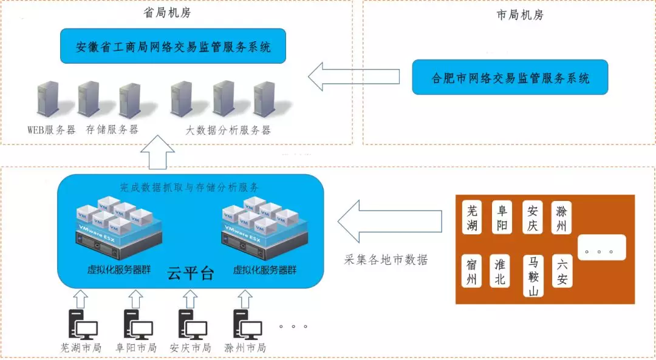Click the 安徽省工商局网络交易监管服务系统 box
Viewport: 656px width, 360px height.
(x=173, y=46)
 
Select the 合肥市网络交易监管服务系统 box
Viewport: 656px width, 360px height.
(x=510, y=77)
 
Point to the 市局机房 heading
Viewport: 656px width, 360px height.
(x=519, y=15)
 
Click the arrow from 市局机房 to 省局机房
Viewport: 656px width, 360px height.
(x=353, y=76)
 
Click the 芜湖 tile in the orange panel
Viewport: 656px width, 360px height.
(x=473, y=218)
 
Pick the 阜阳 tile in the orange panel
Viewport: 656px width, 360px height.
(x=503, y=218)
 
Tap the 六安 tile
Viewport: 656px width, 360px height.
(x=562, y=271)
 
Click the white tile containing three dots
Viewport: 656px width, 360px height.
(x=601, y=247)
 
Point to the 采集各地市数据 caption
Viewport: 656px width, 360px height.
(x=386, y=260)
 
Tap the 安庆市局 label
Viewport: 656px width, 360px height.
(x=190, y=348)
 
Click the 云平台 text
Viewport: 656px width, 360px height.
(x=190, y=273)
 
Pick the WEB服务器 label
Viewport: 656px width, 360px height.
(x=51, y=130)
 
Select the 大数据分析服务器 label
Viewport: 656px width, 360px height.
(x=228, y=130)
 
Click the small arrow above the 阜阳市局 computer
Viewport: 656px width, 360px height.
(x=136, y=297)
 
